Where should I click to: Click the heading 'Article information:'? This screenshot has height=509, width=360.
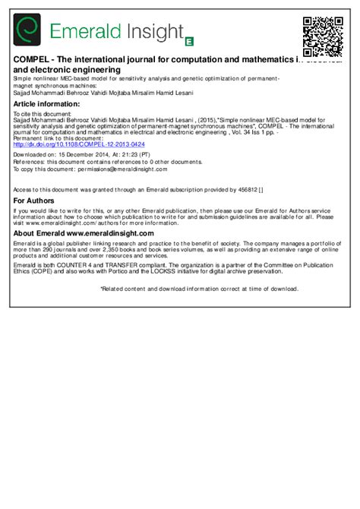(x=46, y=103)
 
